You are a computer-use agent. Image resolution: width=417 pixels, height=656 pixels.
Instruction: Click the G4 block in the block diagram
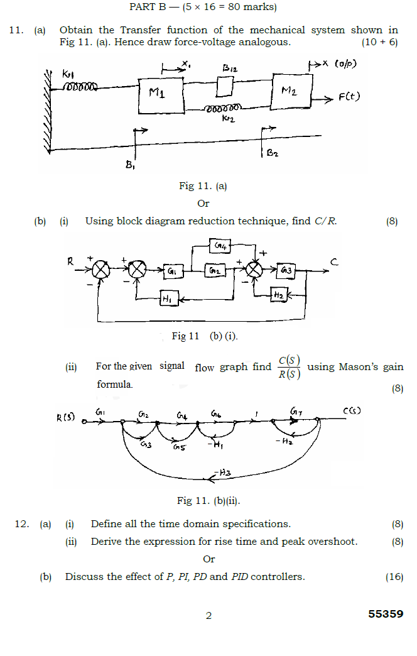[x=220, y=245]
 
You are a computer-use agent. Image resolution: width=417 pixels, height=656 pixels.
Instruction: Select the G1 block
[x=172, y=271]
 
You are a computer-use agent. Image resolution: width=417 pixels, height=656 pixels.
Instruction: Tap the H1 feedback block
[x=167, y=300]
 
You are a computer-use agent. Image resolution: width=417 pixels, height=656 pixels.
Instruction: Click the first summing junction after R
[x=100, y=270]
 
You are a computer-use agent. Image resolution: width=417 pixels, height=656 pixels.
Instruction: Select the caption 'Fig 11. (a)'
[x=203, y=186]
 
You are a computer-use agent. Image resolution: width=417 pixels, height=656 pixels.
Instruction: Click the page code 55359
[x=386, y=614]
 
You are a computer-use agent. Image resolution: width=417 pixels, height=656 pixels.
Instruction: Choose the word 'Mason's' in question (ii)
[x=359, y=367]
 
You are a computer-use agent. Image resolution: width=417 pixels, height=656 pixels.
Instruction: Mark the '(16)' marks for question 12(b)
[x=394, y=576]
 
